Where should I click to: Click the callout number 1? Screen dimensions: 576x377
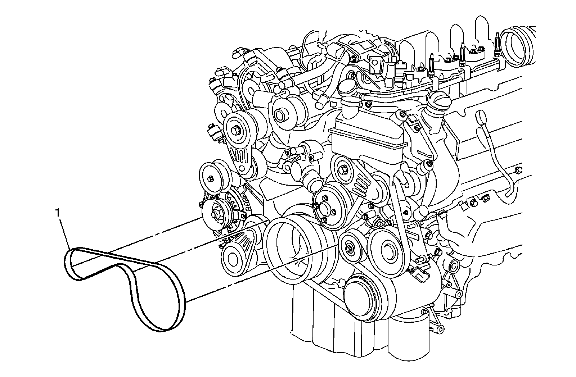[x=58, y=213]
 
